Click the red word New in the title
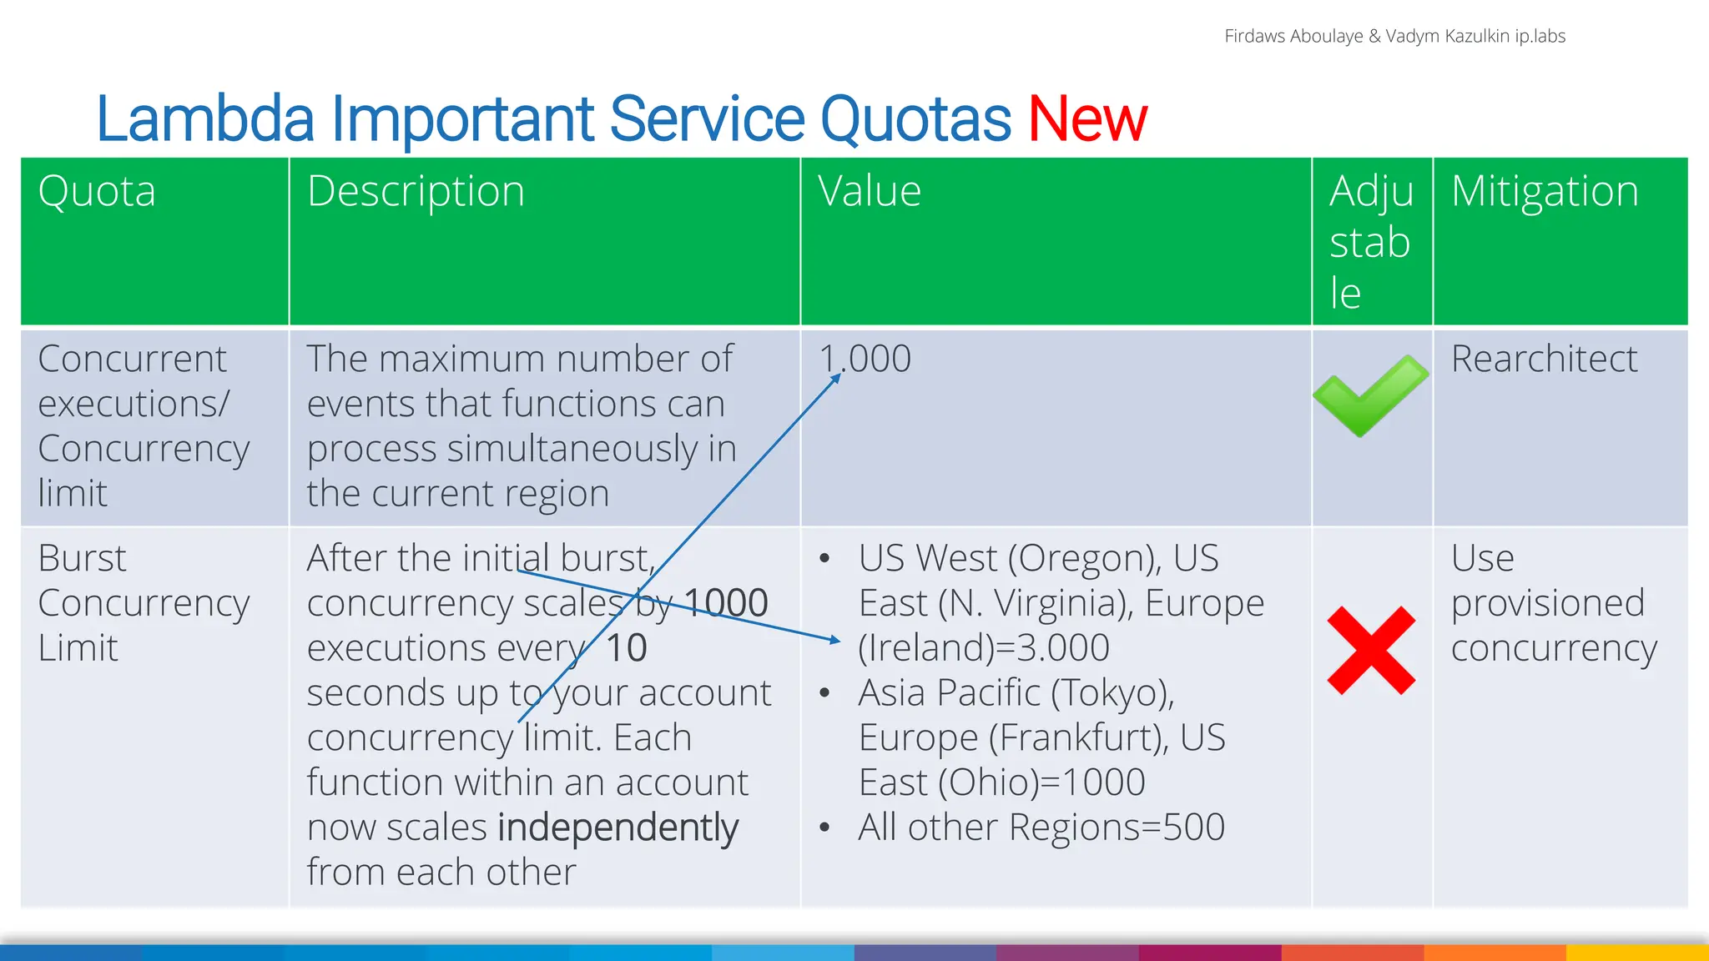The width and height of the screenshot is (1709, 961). point(1086,119)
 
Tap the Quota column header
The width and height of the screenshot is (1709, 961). point(97,192)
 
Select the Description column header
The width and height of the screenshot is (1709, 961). point(416,192)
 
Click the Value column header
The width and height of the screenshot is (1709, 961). point(869,192)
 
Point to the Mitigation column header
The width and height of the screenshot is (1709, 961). point(1545,192)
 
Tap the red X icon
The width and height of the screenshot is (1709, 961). point(1371,651)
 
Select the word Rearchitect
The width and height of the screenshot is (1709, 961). point(1544,360)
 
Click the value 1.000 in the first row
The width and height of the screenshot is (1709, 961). point(865,360)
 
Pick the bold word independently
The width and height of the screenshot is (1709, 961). point(618,828)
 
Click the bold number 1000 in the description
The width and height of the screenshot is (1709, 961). point(725,603)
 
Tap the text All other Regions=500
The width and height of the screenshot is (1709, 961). point(1041,828)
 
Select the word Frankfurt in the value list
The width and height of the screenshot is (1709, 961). point(1078,738)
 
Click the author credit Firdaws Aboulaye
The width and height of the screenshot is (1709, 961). point(1293,37)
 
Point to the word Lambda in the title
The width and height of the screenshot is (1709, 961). point(205,119)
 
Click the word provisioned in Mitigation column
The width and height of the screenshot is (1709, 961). point(1547,603)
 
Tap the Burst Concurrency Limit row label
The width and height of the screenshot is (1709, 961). point(143,603)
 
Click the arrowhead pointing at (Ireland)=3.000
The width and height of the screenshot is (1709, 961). point(834,640)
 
